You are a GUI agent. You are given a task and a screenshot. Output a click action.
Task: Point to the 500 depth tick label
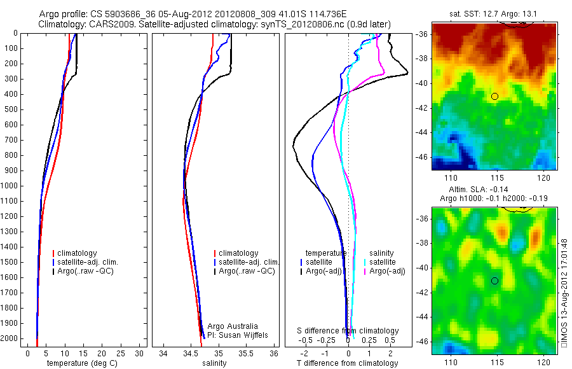[x=11, y=109]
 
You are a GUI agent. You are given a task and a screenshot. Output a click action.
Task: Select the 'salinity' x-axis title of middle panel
[x=215, y=363]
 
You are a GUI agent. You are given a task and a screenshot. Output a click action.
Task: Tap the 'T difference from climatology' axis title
[x=347, y=363]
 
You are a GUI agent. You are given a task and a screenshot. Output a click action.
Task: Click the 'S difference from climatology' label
[x=348, y=331]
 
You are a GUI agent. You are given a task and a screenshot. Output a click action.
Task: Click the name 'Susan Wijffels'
[x=238, y=335]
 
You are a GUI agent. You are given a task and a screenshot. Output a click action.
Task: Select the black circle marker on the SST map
[x=494, y=96]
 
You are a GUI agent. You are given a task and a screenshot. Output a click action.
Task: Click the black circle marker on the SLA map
[x=494, y=281]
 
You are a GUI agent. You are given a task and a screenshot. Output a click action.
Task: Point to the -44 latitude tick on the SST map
[x=423, y=132]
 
